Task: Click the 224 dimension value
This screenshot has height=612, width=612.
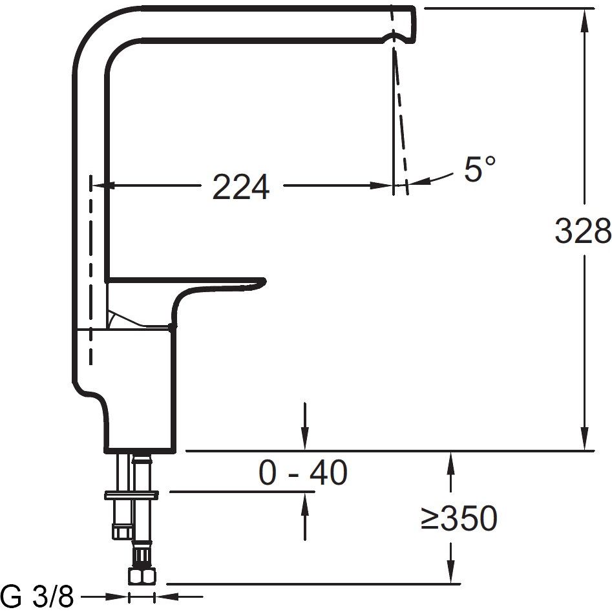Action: (241, 187)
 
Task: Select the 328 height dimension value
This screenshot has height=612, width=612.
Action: (583, 231)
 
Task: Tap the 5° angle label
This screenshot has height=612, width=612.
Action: (480, 169)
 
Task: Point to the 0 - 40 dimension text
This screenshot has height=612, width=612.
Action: (303, 472)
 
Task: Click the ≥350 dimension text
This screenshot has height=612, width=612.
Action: (459, 518)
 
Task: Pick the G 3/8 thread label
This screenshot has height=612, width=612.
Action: (37, 596)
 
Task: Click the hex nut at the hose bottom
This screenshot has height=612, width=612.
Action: (142, 576)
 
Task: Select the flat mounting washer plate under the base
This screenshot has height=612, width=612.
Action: (132, 495)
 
